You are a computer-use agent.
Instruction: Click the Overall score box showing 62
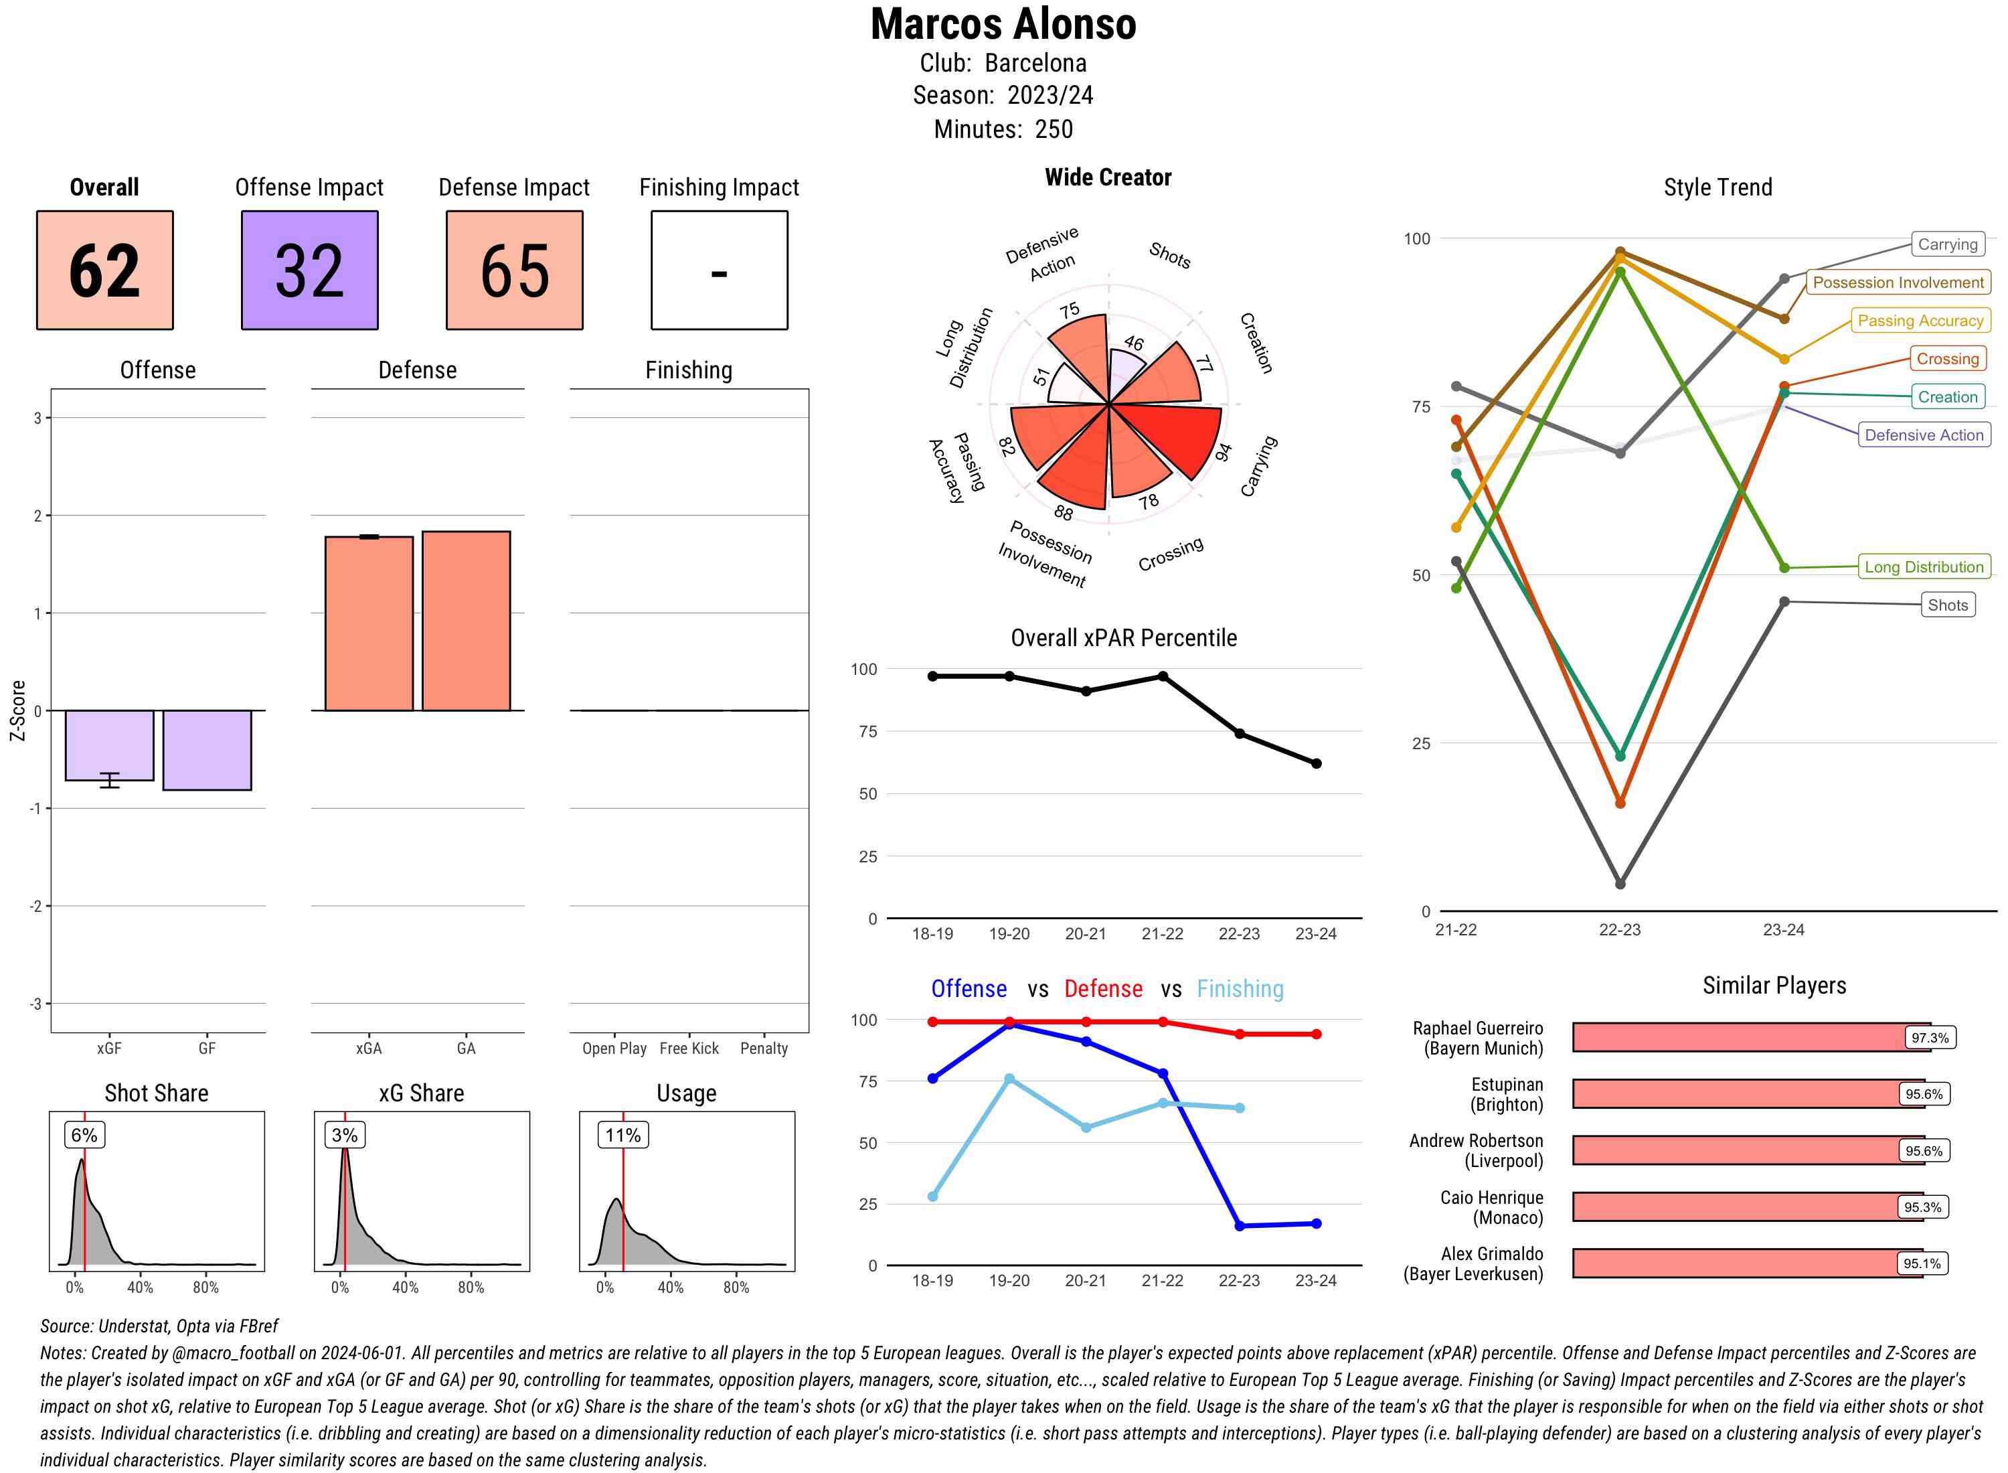pyautogui.click(x=104, y=270)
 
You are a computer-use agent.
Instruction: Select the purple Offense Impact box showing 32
pyautogui.click(x=309, y=270)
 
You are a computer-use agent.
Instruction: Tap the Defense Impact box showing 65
pyautogui.click(x=514, y=270)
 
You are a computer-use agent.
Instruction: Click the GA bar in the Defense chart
pyautogui.click(x=466, y=621)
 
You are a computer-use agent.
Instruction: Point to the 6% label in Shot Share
pyautogui.click(x=84, y=1135)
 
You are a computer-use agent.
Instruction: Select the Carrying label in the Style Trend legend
pyautogui.click(x=1946, y=244)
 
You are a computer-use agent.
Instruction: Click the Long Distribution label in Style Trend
pyautogui.click(x=1924, y=567)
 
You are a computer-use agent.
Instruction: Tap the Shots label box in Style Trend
pyautogui.click(x=1946, y=605)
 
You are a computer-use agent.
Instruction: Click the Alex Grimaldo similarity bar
pyautogui.click(x=1747, y=1263)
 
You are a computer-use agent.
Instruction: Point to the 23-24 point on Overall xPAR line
pyautogui.click(x=1315, y=763)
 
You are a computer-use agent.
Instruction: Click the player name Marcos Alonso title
pyautogui.click(x=1003, y=25)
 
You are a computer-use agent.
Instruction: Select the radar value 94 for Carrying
pyautogui.click(x=1223, y=452)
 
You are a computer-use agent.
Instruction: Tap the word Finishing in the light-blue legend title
pyautogui.click(x=1240, y=989)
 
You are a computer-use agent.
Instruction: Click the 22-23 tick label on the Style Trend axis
pyautogui.click(x=1619, y=930)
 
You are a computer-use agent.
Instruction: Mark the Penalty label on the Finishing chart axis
pyautogui.click(x=764, y=1049)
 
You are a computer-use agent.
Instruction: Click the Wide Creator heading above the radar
pyautogui.click(x=1108, y=177)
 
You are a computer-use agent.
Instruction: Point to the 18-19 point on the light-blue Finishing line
pyautogui.click(x=932, y=1196)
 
